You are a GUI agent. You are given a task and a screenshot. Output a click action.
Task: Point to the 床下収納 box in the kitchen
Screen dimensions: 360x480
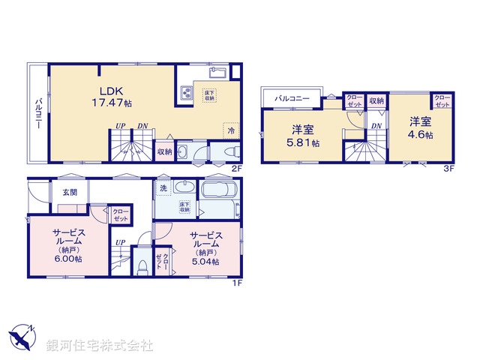coord(209,95)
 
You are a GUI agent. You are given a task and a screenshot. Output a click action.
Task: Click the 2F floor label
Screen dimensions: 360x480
coord(235,169)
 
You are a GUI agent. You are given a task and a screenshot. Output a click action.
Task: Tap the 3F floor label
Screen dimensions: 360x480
coord(448,169)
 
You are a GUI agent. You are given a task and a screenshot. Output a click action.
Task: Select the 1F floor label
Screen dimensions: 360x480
coord(235,283)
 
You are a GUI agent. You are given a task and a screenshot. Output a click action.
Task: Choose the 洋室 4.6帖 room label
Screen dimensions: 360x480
coord(420,127)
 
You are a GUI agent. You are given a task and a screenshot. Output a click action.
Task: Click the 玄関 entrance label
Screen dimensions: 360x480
coord(70,193)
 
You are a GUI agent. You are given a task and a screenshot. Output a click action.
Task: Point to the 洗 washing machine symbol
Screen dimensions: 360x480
coord(163,188)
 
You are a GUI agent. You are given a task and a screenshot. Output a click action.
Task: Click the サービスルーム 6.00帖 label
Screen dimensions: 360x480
coord(67,244)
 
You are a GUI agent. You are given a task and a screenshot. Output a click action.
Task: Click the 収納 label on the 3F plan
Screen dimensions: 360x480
coord(376,101)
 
